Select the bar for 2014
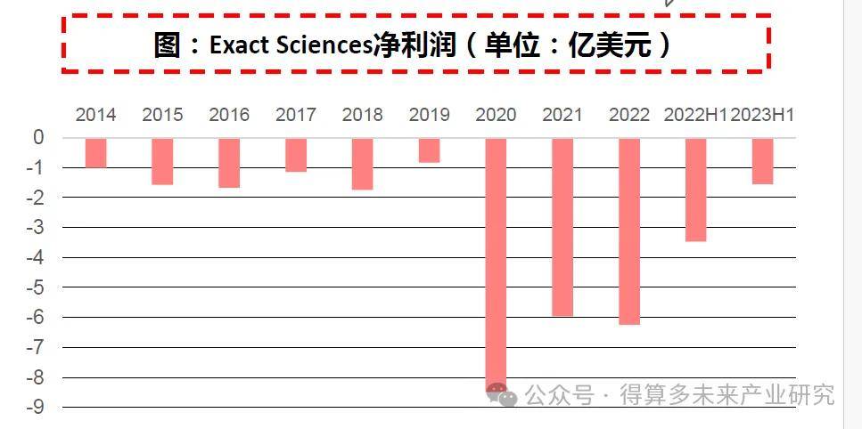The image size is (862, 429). [96, 153]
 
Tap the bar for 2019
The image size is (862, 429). [429, 150]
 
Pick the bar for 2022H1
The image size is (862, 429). [695, 190]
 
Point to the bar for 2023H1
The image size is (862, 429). [762, 161]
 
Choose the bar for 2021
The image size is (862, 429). [562, 227]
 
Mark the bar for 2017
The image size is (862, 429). [296, 155]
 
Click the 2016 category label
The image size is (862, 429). [229, 115]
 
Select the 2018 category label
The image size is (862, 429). [362, 115]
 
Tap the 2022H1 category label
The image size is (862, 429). [695, 115]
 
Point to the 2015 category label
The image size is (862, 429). [162, 115]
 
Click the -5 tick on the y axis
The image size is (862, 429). [37, 287]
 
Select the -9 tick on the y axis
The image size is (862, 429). [37, 408]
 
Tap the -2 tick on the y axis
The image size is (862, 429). [37, 198]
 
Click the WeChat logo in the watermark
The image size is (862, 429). [502, 395]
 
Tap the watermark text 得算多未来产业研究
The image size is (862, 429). [727, 395]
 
